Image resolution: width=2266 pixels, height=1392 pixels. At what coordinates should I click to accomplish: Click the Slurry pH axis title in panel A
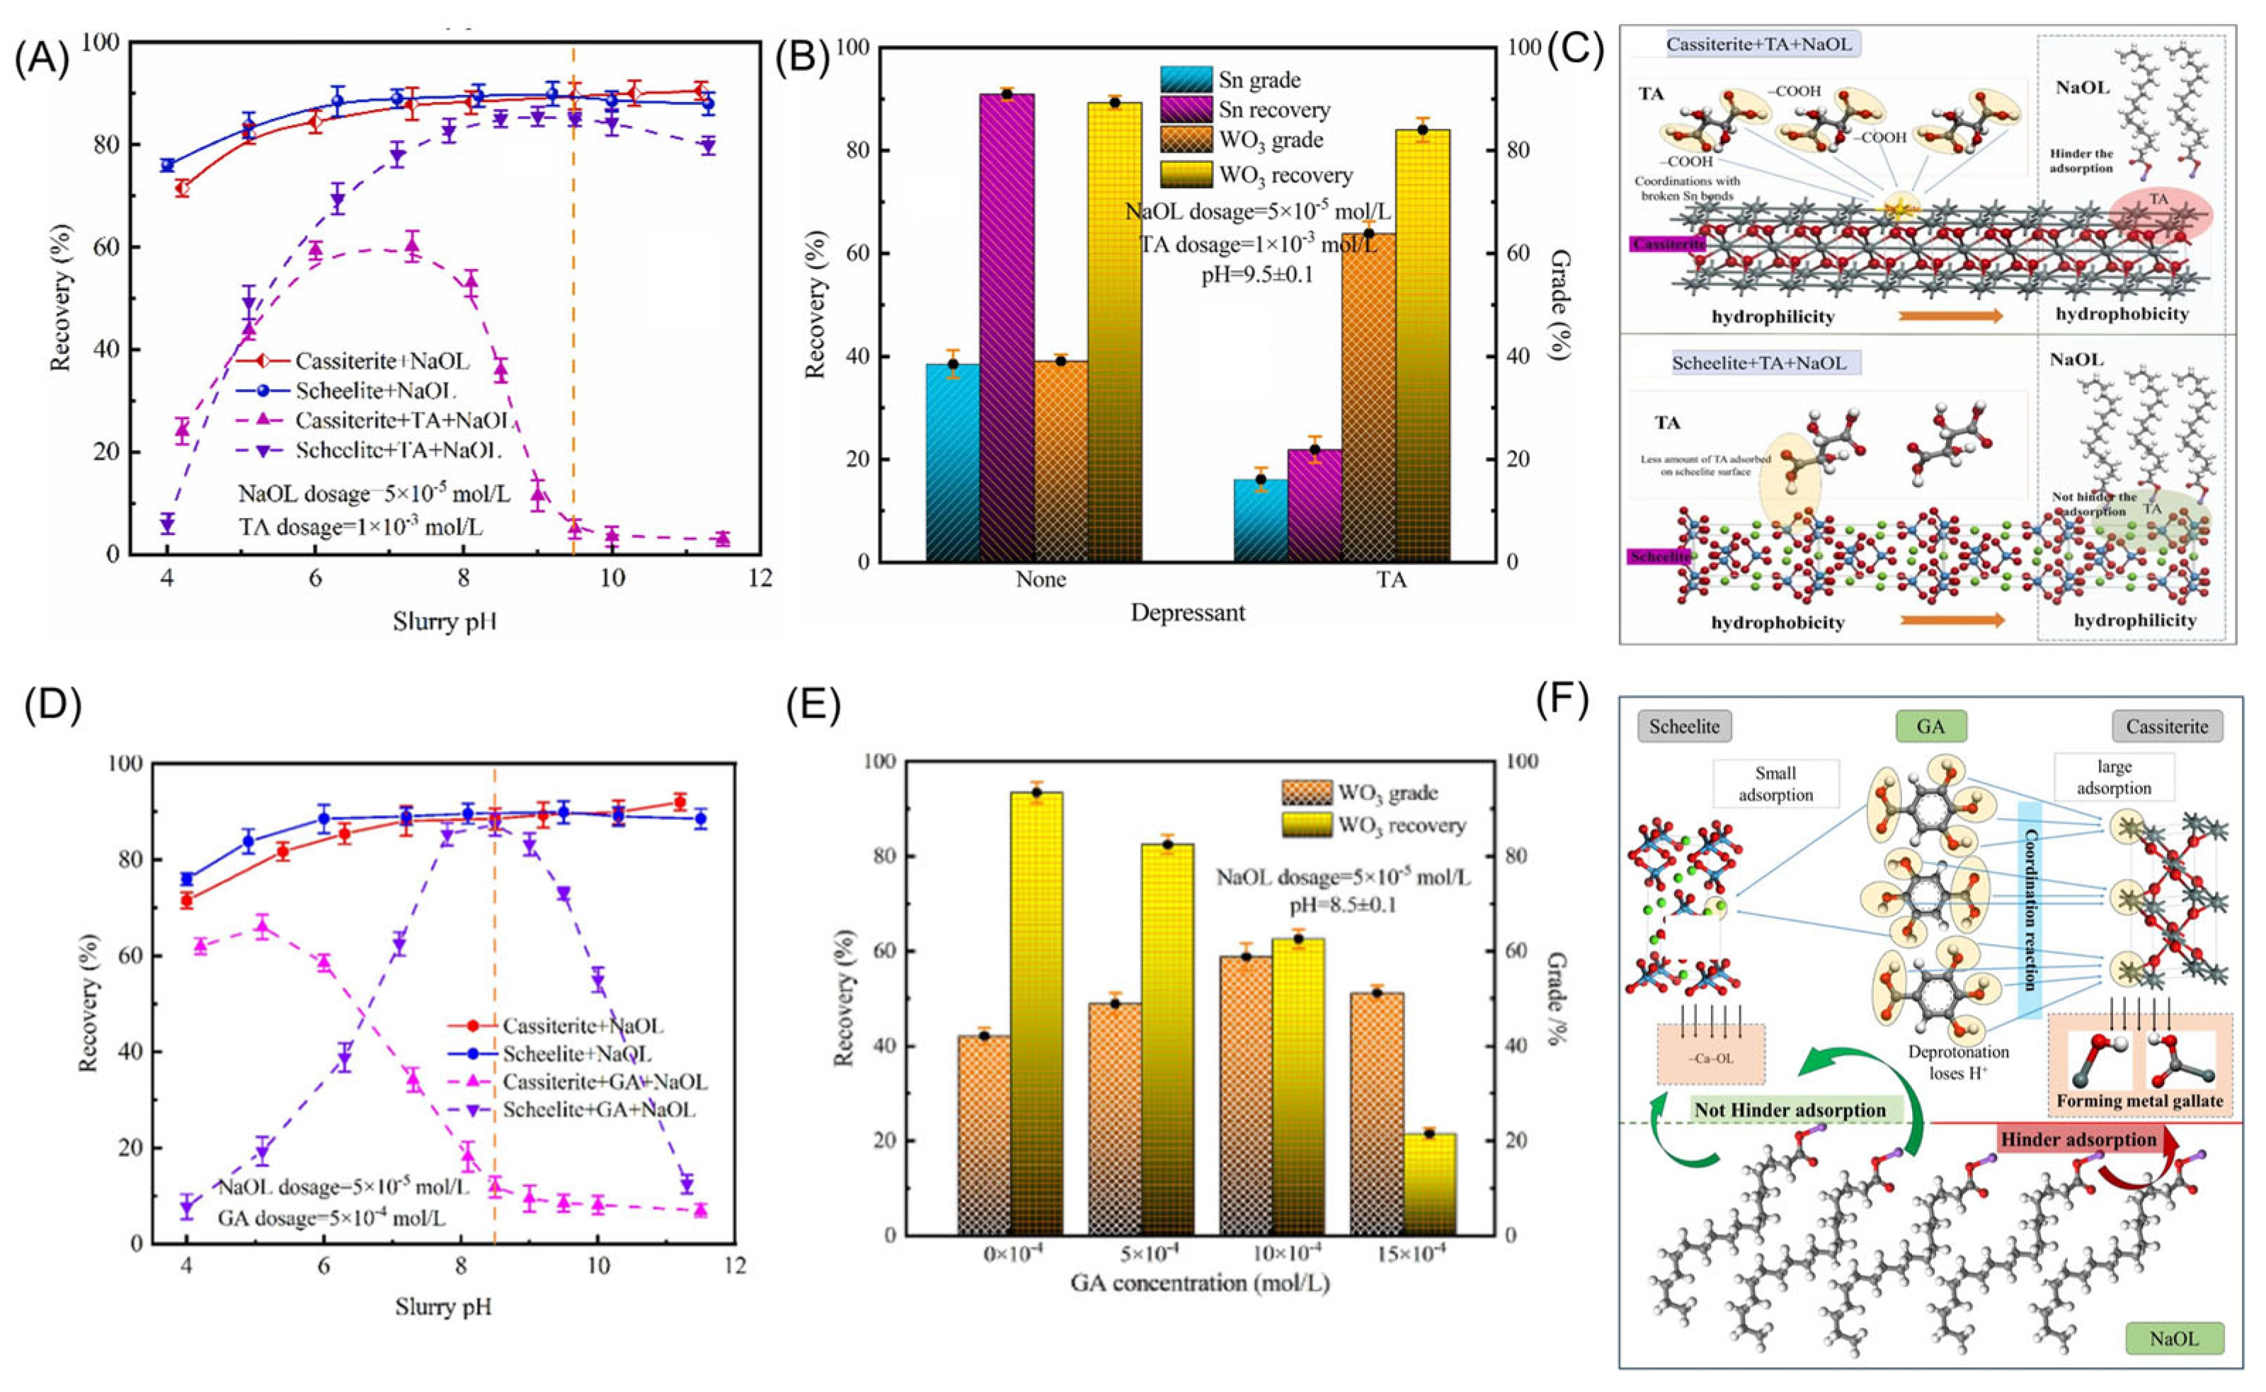tap(445, 621)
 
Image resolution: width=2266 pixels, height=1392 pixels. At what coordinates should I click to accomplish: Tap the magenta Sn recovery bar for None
tap(1007, 327)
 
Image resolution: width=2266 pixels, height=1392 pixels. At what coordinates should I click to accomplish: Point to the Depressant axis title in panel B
tap(1188, 612)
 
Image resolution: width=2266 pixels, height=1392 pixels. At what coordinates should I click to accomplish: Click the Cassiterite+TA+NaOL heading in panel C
tap(1758, 44)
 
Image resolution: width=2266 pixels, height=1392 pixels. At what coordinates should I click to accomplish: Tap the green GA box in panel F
tap(1931, 726)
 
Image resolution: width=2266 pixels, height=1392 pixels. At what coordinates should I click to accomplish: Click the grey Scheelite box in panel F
tap(1684, 726)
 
